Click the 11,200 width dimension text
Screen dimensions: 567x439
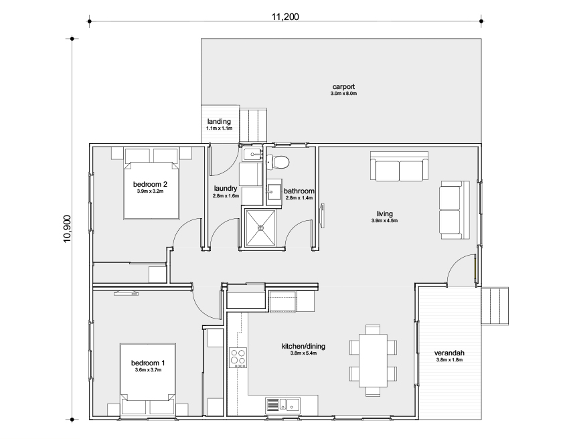click(x=285, y=17)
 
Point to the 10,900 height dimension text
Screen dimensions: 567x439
click(x=67, y=229)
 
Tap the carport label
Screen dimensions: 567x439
click(x=343, y=87)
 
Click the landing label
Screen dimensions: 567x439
click(x=219, y=122)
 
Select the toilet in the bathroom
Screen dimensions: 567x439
click(x=277, y=162)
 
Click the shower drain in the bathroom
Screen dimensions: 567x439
click(x=260, y=228)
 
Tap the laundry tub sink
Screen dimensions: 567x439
click(x=252, y=155)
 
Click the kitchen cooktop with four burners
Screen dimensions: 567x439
click(x=238, y=358)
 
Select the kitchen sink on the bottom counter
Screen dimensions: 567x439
click(x=283, y=405)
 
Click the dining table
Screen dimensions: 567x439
click(x=373, y=361)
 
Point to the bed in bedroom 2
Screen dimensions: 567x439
click(x=151, y=191)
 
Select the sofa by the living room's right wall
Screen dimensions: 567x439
click(x=455, y=210)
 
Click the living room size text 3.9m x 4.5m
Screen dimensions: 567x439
click(x=384, y=221)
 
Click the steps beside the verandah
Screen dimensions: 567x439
click(x=495, y=306)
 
